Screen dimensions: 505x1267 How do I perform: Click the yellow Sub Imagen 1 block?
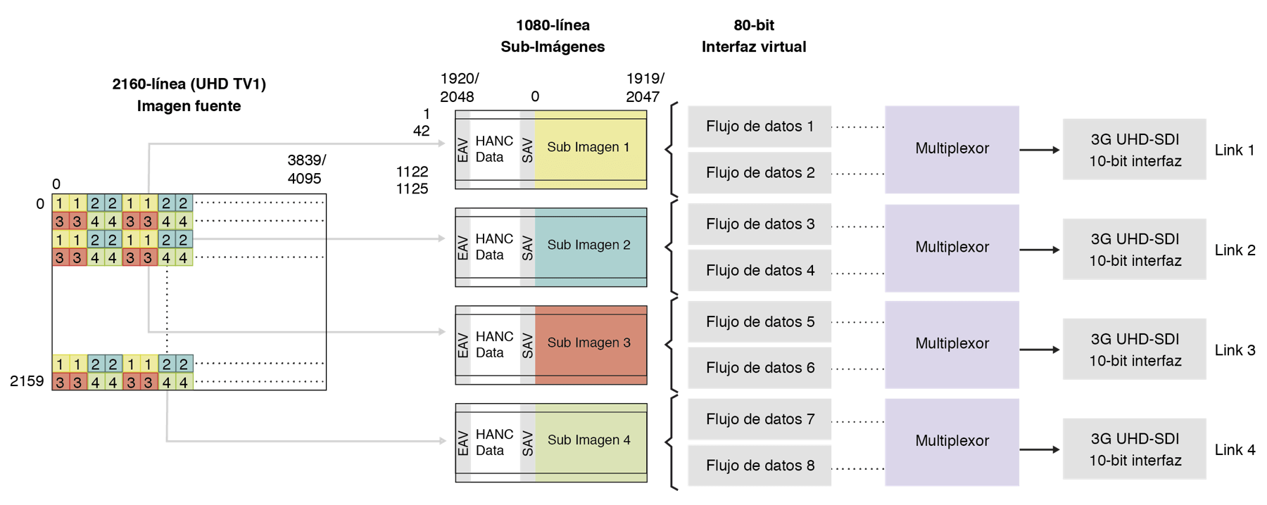[x=590, y=148]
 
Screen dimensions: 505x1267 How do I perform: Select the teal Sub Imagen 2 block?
[x=590, y=245]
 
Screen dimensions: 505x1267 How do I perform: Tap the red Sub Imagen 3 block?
[x=590, y=343]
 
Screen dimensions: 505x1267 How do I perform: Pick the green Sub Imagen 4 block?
[x=590, y=440]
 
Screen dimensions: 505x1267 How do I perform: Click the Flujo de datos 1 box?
[x=759, y=127]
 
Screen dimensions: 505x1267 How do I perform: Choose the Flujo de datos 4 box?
[x=759, y=271]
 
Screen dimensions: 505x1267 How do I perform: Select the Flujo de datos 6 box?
[x=759, y=368]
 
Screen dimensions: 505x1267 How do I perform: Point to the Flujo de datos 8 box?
[x=759, y=466]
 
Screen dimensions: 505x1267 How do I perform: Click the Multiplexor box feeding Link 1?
[x=952, y=149]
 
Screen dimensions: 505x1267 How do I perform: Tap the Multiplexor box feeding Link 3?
[x=952, y=344]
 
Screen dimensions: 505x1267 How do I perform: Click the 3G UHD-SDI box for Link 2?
[x=1134, y=250]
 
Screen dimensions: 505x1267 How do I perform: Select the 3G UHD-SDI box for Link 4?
[x=1134, y=449]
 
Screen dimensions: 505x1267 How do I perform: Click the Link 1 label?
[x=1235, y=151]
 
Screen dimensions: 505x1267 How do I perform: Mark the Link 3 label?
[x=1235, y=350]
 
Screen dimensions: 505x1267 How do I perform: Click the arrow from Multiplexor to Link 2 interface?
[x=1040, y=250]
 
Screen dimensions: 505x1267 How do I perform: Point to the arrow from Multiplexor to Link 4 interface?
[x=1040, y=449]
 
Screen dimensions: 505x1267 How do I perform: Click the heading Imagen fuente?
[x=189, y=106]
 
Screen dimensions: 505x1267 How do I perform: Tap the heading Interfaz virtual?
[x=754, y=47]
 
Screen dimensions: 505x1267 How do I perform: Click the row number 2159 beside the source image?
[x=27, y=381]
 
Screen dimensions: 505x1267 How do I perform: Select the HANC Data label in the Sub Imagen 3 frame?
[x=494, y=345]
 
